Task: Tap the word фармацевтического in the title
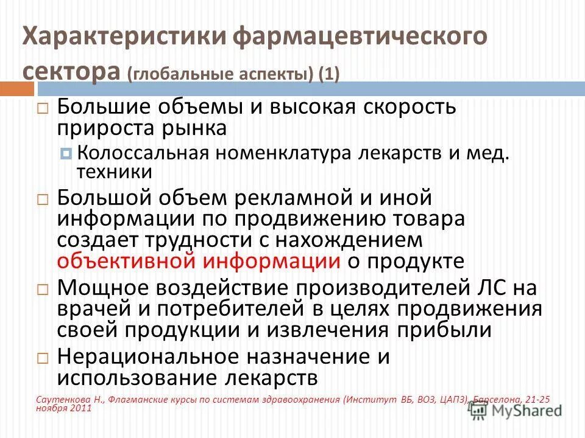point(360,36)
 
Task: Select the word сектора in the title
point(71,71)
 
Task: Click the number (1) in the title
point(328,74)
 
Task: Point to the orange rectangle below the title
point(16,89)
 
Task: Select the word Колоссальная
point(143,153)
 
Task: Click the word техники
point(114,172)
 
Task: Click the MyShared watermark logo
point(515,411)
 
